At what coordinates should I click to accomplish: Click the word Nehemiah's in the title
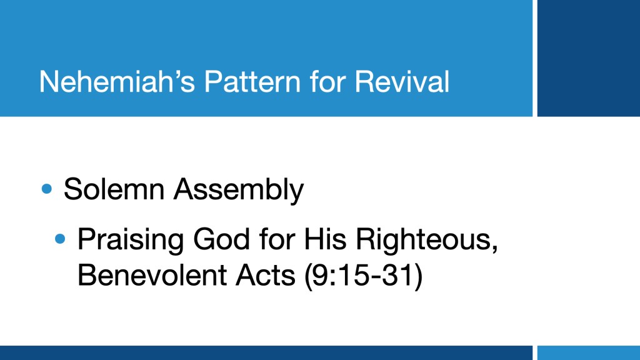117,82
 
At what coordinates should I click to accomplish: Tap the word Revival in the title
402,82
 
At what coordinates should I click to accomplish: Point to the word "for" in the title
327,82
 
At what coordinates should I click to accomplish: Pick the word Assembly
239,191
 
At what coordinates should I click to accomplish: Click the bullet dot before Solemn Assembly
47,189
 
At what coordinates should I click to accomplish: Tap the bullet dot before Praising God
60,239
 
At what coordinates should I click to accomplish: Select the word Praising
131,241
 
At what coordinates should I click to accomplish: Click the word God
221,239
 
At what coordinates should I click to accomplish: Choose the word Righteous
427,241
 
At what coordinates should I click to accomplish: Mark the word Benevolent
152,275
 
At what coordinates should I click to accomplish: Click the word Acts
265,275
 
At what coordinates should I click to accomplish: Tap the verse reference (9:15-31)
364,276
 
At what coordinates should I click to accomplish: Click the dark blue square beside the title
589,58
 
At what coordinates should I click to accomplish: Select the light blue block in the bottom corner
589,352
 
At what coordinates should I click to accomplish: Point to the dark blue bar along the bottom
266,352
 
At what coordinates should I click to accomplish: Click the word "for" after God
277,239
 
